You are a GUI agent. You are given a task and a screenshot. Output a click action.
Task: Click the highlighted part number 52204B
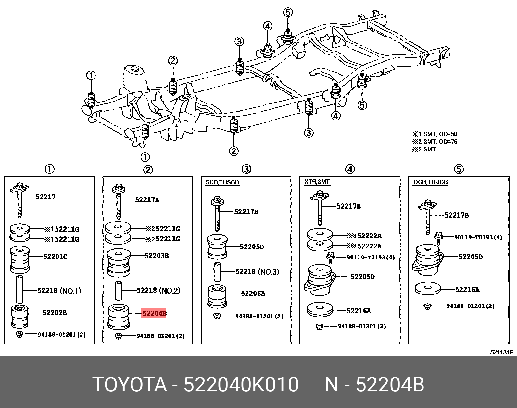pos(154,313)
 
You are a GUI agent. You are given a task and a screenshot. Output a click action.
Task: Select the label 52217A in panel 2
pos(147,200)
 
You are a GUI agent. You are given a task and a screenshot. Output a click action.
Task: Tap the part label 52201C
pos(55,257)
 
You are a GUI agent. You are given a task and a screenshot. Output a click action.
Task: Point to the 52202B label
pos(55,313)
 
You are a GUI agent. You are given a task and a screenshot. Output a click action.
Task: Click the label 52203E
pos(157,256)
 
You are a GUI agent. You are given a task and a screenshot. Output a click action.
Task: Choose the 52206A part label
pos(253,294)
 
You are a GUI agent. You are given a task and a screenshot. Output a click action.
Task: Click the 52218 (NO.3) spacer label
pos(257,272)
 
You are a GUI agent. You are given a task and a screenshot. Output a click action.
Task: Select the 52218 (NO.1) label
pos(59,291)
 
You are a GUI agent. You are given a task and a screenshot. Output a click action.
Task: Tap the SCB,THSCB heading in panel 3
pos(222,182)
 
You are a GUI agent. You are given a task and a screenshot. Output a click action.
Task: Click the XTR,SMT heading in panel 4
pos(317,182)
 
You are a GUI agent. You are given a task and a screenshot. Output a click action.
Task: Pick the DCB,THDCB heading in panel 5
pos(430,182)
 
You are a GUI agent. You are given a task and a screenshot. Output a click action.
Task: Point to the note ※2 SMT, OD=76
pos(435,142)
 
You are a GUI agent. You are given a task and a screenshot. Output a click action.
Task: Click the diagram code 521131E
pos(501,353)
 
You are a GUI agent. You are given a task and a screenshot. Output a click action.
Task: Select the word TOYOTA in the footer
pos(129,385)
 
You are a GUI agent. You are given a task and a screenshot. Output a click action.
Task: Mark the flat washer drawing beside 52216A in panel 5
pos(428,289)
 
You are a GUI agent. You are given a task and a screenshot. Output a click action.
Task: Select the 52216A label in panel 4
pos(359,311)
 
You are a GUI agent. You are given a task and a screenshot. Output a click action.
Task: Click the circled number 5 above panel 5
pos(459,169)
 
